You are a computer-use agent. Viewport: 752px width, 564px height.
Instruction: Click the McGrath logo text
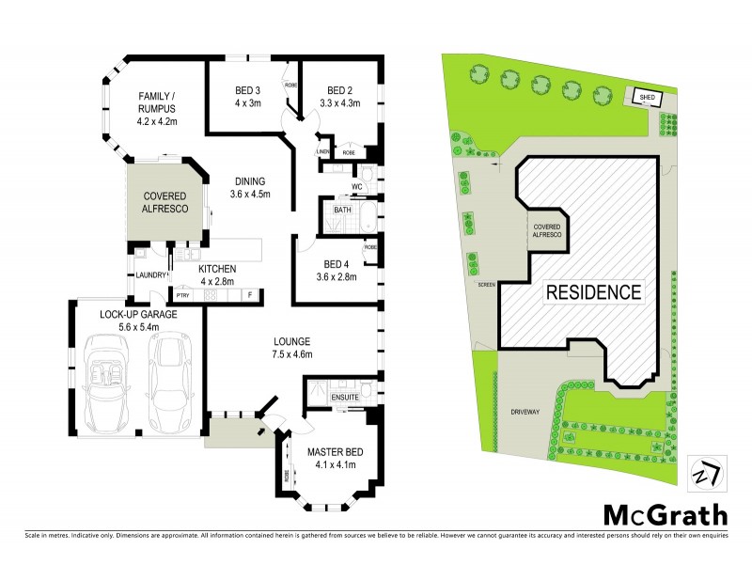click(664, 515)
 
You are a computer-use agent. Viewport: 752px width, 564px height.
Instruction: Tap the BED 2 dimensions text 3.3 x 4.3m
click(340, 104)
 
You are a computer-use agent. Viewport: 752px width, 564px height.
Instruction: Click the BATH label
click(342, 211)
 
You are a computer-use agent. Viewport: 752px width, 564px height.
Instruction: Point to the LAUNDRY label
click(150, 274)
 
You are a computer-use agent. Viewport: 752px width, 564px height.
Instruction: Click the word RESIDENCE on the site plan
click(594, 291)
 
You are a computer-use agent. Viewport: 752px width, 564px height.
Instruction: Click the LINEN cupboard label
click(322, 151)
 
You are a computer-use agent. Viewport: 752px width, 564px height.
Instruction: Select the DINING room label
click(249, 181)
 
